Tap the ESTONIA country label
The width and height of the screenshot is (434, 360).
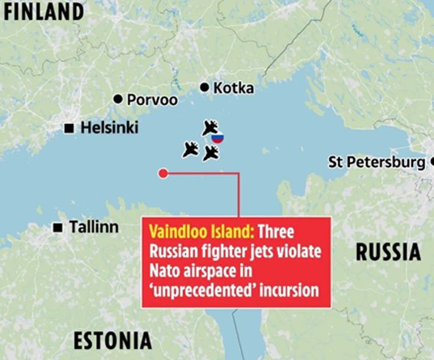(113, 340)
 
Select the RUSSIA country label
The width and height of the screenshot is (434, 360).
(388, 251)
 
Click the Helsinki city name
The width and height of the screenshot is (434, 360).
(110, 128)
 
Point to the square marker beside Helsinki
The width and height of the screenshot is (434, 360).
(69, 128)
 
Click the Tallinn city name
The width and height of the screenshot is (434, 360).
(94, 227)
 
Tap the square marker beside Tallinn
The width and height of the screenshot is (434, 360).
(58, 228)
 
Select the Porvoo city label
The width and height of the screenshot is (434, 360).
(152, 99)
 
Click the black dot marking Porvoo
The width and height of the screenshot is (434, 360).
(118, 99)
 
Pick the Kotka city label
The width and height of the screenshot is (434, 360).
(234, 88)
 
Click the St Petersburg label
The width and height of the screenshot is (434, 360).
(376, 162)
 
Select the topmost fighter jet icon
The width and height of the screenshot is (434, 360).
(210, 128)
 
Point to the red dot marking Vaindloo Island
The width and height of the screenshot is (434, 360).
(163, 173)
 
